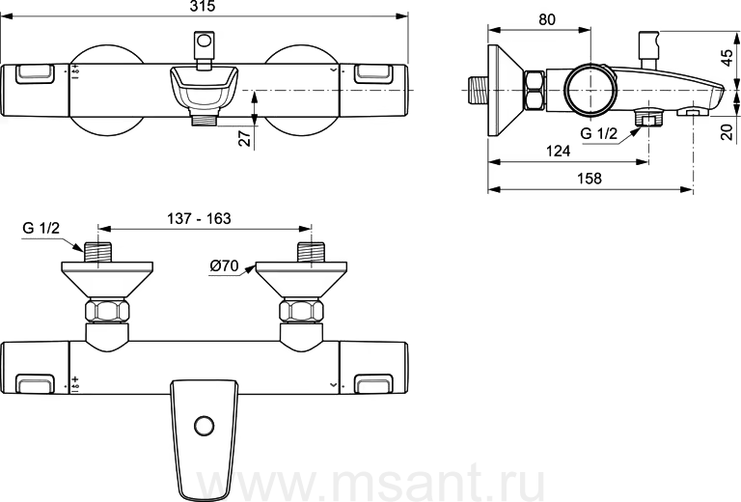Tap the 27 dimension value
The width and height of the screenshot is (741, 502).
point(246,138)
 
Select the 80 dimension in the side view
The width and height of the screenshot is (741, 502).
point(547,19)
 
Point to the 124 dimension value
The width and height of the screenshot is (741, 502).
point(558,151)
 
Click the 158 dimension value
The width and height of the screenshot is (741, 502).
point(590,179)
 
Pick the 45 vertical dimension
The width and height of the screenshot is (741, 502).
point(727,58)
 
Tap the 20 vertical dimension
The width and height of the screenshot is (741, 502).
point(727,131)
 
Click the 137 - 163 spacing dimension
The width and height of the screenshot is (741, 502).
point(199,218)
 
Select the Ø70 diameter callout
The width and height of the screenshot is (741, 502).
point(224,265)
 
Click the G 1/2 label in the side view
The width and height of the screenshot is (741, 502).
point(599,134)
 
